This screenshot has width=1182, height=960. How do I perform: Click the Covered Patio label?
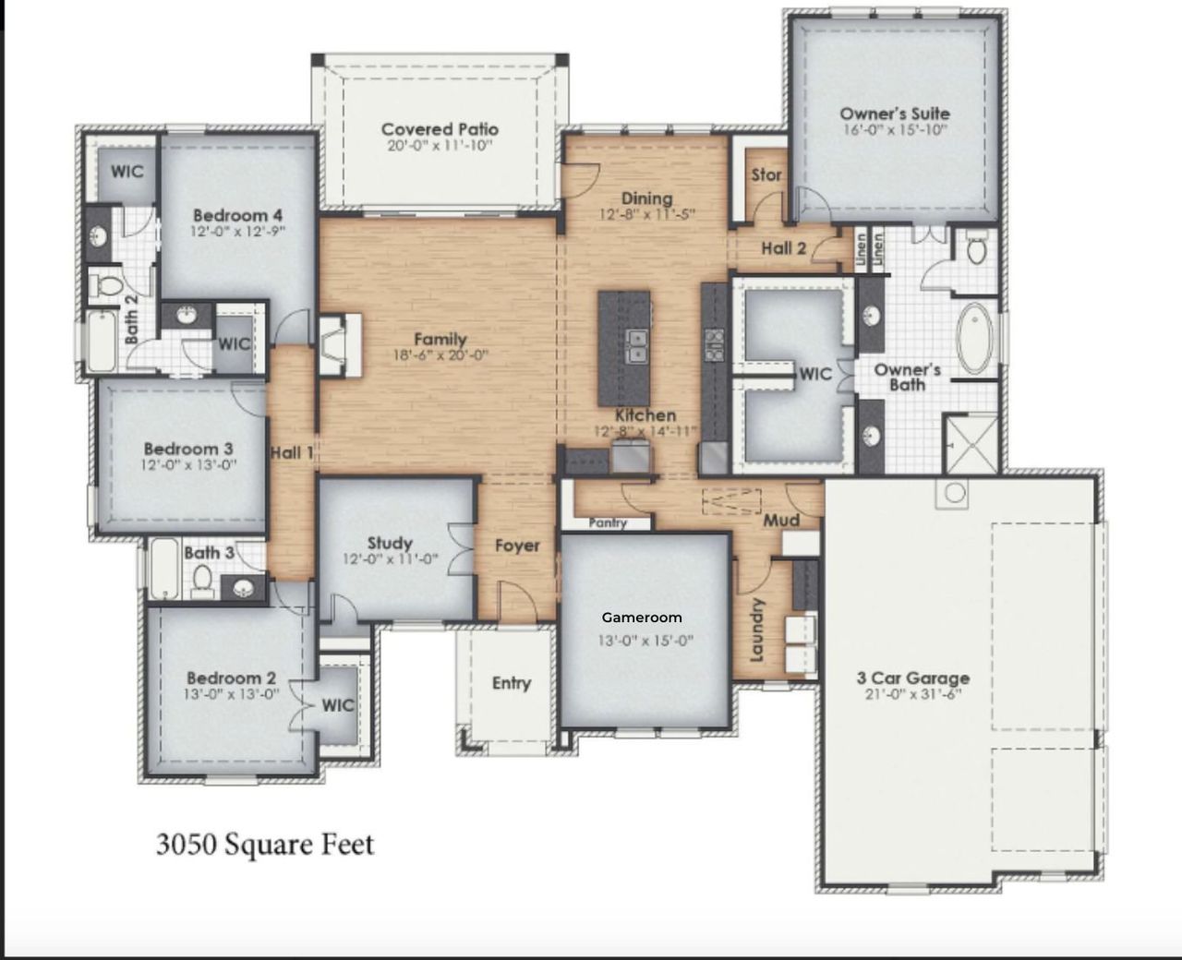(440, 129)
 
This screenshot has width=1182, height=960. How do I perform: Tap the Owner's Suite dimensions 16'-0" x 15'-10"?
(894, 130)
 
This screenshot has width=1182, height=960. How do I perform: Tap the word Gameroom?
(642, 618)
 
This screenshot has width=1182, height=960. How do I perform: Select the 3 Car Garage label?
(912, 678)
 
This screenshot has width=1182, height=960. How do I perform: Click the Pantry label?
(608, 523)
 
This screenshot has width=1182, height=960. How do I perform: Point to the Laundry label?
(757, 630)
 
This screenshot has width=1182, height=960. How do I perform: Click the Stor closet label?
(766, 174)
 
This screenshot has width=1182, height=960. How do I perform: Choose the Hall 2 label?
(783, 247)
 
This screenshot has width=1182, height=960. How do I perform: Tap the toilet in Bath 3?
(203, 580)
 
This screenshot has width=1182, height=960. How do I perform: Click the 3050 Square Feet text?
(265, 845)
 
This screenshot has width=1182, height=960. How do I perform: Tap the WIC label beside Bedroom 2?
(337, 705)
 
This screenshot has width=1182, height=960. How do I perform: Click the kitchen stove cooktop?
(714, 344)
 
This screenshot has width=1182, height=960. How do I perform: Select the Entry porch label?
(511, 683)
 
